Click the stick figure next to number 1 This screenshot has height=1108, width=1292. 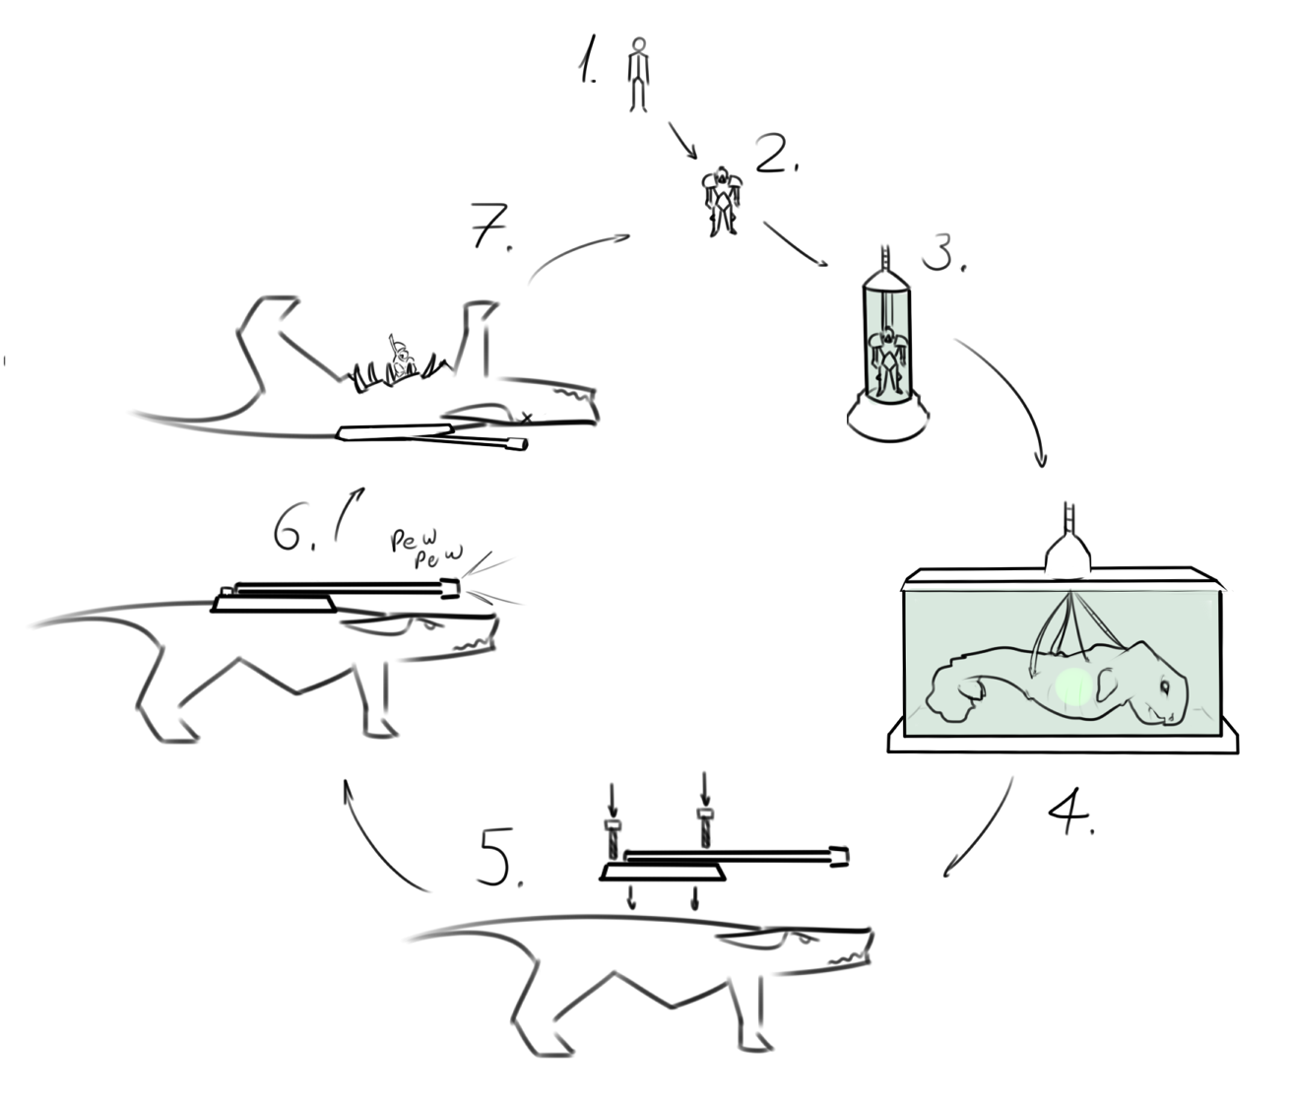637,75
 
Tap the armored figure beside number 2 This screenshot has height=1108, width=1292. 722,201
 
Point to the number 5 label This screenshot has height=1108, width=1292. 500,857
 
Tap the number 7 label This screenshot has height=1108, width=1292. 490,226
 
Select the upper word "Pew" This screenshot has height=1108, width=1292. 414,539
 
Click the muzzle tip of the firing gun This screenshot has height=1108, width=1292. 451,588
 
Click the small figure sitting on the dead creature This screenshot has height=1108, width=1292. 401,358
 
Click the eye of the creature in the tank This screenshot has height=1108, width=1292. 1165,686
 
